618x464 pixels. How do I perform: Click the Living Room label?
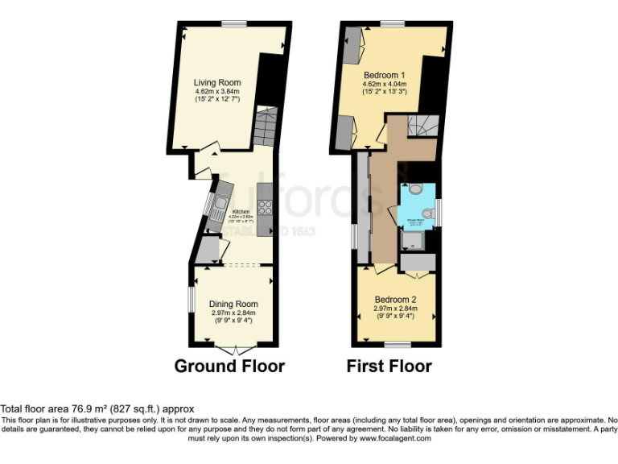pyautogui.click(x=217, y=82)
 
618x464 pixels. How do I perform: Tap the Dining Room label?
pyautogui.click(x=234, y=304)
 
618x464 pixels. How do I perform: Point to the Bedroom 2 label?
pyautogui.click(x=395, y=299)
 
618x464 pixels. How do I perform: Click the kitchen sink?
pyautogui.click(x=218, y=208)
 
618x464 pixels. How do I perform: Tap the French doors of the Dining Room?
pyautogui.click(x=234, y=349)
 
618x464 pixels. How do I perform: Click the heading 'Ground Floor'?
pyautogui.click(x=229, y=367)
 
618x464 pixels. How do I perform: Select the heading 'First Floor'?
pyautogui.click(x=389, y=367)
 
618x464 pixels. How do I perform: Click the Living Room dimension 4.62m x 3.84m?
pyautogui.click(x=217, y=92)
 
